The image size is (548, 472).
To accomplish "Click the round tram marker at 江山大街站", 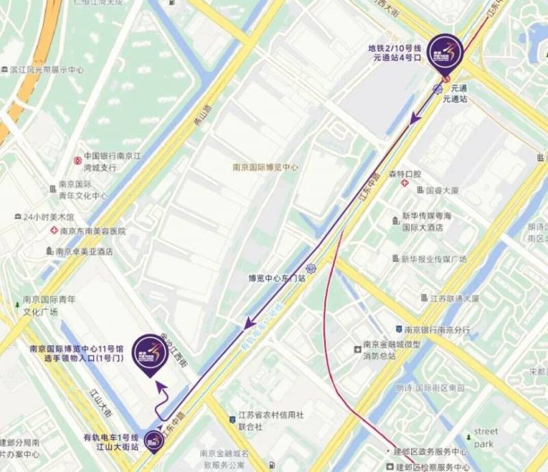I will pyautogui.click(x=153, y=443).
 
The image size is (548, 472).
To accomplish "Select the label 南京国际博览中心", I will pyautogui.click(x=265, y=167).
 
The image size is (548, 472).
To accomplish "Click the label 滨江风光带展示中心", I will pyautogui.click(x=47, y=70).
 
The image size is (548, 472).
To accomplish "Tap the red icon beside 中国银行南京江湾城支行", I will pyautogui.click(x=77, y=161).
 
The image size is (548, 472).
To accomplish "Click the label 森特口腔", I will pyautogui.click(x=405, y=174).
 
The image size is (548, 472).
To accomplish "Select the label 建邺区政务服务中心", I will pyautogui.click(x=431, y=452).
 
